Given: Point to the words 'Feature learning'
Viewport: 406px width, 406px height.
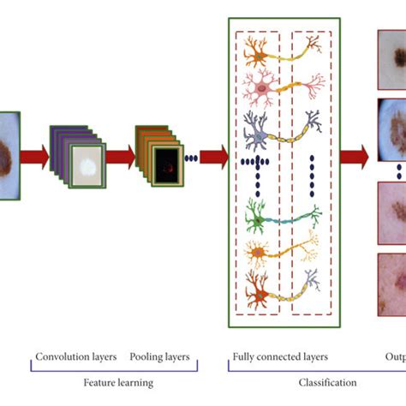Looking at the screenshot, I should (117, 382).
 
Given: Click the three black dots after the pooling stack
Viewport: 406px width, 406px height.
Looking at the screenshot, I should (193, 158).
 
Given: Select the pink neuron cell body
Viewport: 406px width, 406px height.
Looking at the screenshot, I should (256, 85).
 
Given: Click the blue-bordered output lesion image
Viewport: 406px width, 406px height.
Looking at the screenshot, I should (391, 128).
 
